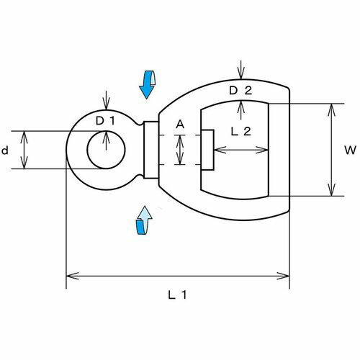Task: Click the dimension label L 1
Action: [177, 295]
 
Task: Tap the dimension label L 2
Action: [240, 131]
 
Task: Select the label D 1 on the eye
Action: [105, 121]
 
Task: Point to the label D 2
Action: [240, 91]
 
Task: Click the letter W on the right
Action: [350, 150]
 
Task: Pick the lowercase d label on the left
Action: [5, 150]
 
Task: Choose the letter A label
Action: [180, 125]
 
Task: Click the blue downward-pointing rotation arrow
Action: [147, 84]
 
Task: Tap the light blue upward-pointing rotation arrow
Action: [144, 220]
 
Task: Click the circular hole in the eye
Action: [106, 150]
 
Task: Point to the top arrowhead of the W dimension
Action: [331, 110]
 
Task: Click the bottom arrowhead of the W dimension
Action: [331, 190]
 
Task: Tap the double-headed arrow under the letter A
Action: [180, 150]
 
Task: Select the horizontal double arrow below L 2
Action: [240, 150]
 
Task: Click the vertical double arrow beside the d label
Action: [24, 150]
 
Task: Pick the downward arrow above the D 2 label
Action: [240, 70]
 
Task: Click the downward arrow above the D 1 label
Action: [106, 100]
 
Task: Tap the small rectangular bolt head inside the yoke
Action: [207, 150]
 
